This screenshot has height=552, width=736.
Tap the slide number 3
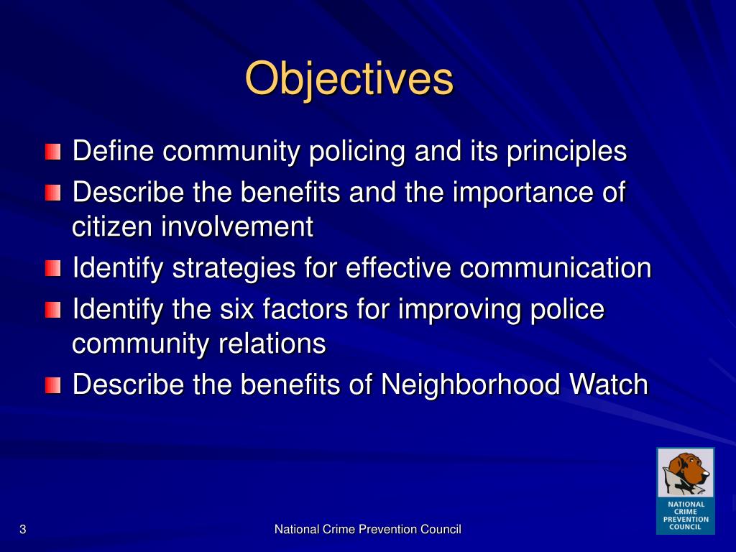point(23,530)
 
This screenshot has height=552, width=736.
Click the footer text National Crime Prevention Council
point(367,530)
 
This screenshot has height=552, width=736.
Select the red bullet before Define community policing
point(52,152)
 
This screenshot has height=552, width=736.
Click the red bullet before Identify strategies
point(52,270)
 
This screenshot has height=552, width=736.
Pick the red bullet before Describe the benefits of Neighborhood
point(52,386)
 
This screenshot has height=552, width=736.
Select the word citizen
point(112,227)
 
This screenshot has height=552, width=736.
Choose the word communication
point(556,269)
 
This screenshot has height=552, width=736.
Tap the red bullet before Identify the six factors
point(52,310)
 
